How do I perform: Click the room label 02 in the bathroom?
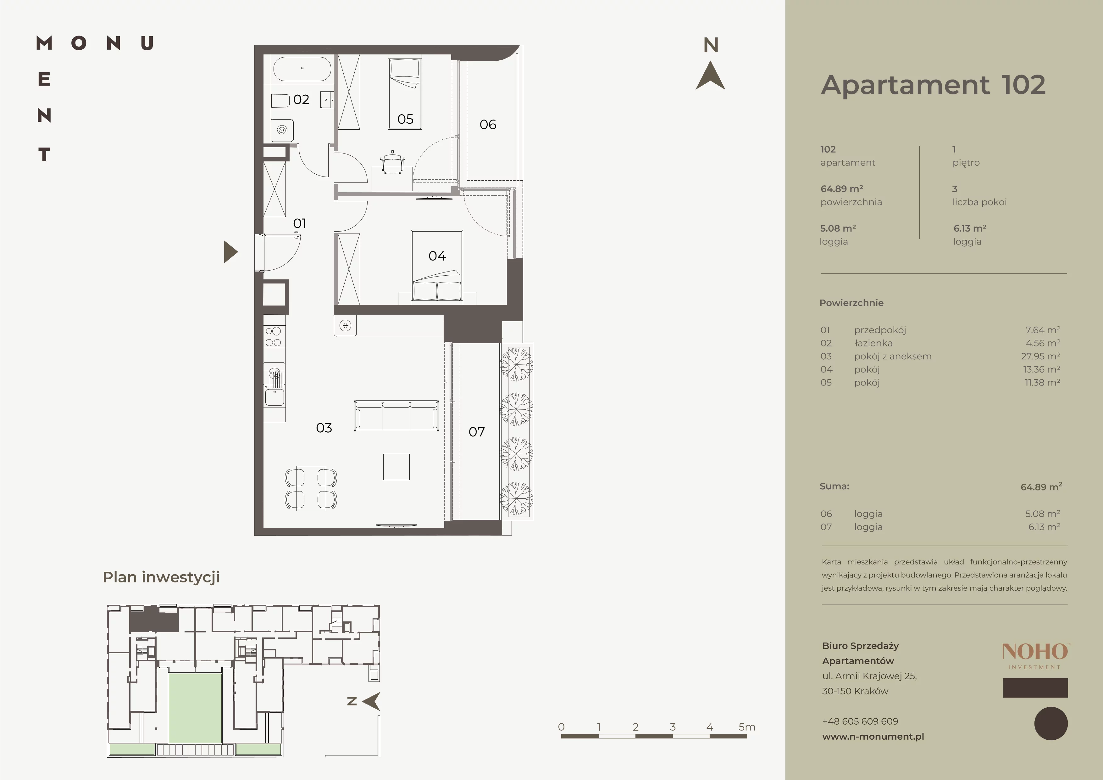pyautogui.click(x=301, y=99)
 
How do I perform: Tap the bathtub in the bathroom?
pyautogui.click(x=302, y=69)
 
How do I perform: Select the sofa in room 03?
pyautogui.click(x=396, y=416)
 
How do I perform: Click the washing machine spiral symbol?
pyautogui.click(x=282, y=130)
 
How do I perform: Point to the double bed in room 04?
pyautogui.click(x=437, y=267)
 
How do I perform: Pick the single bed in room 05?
pyautogui.click(x=405, y=93)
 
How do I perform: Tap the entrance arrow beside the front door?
pyautogui.click(x=230, y=251)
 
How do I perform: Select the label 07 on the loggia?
pyautogui.click(x=477, y=432)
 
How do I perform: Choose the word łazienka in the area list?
pyautogui.click(x=873, y=343)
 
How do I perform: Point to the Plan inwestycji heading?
pyautogui.click(x=161, y=577)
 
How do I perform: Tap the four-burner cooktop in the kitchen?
pyautogui.click(x=273, y=336)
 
